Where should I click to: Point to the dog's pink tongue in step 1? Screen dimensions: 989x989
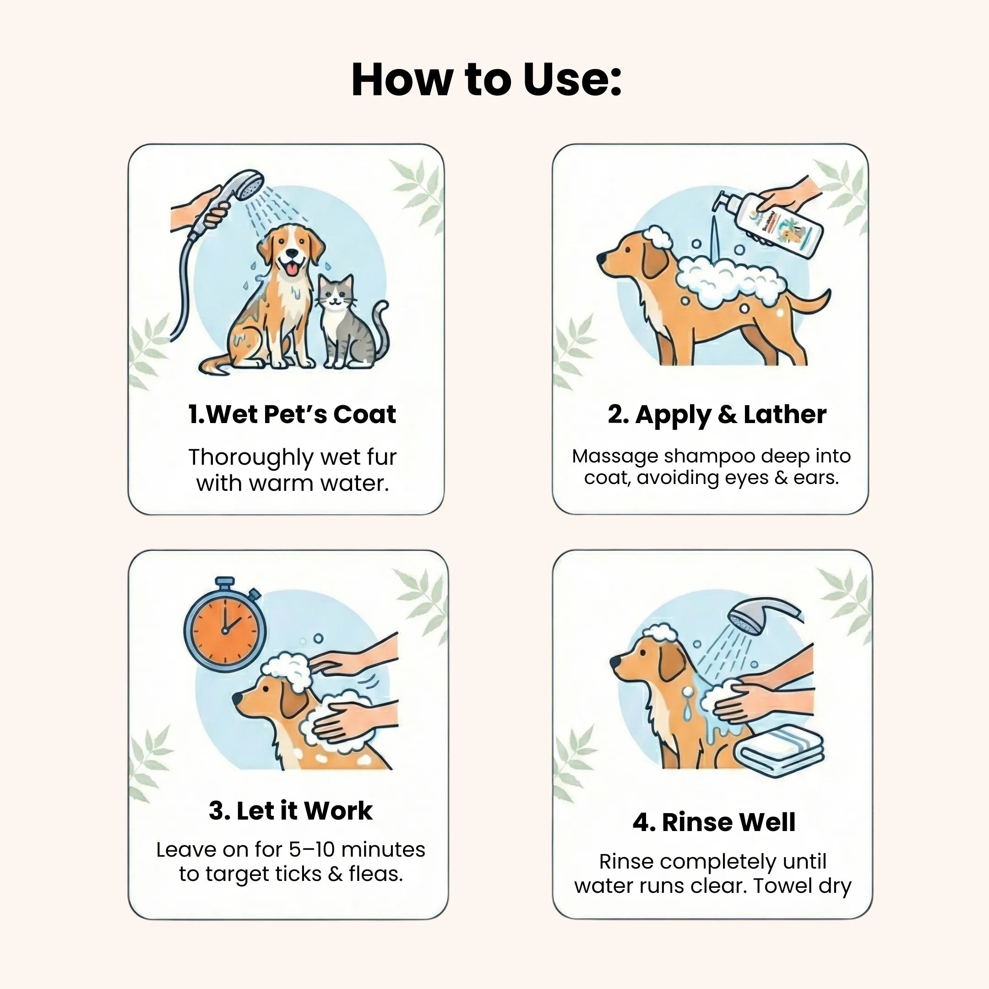pos(292,268)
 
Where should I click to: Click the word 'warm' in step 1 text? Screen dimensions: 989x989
pos(277,483)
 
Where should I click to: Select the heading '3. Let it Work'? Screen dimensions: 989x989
pos(290,810)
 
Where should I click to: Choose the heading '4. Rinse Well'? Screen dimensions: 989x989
pos(714,823)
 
